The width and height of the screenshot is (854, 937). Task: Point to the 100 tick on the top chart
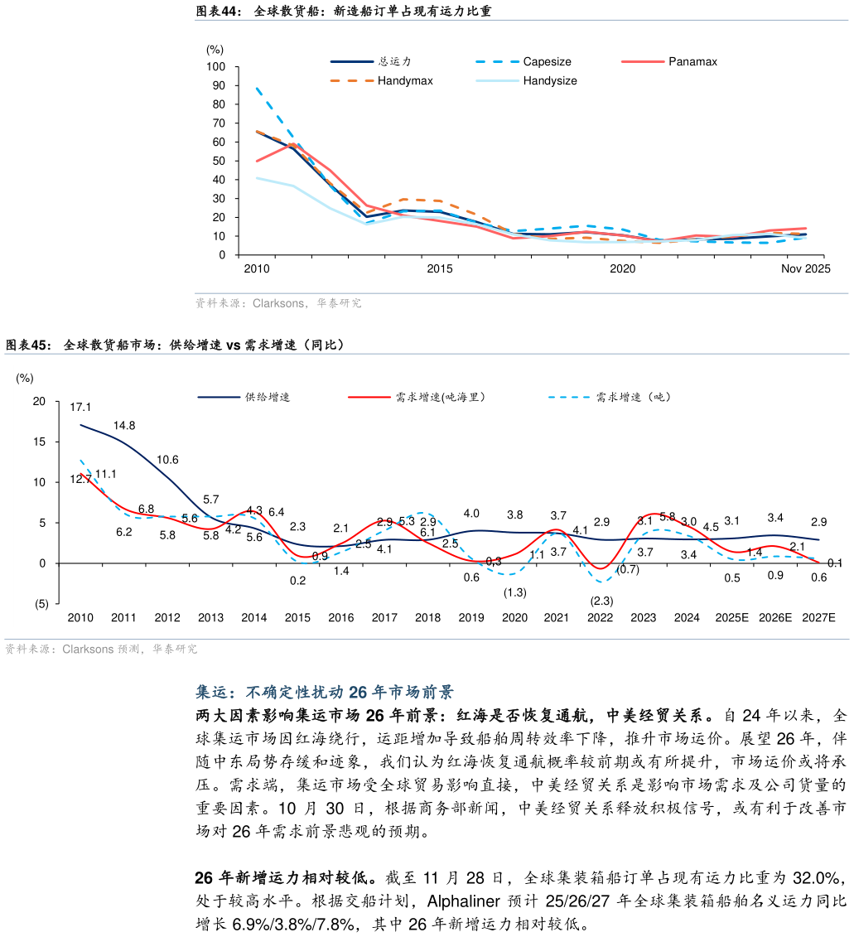click(216, 66)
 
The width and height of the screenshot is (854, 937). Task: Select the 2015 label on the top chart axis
click(439, 269)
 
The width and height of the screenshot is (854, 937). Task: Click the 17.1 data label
click(80, 407)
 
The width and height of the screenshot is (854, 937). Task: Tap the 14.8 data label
click(124, 425)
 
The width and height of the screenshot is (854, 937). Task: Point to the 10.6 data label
click(167, 460)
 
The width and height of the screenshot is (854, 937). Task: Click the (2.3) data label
click(601, 601)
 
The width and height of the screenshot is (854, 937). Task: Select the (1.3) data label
click(514, 592)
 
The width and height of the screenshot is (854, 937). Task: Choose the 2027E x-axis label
click(819, 617)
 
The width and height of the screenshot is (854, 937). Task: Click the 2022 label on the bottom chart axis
click(600, 617)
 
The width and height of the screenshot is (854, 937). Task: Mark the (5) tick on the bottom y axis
click(41, 604)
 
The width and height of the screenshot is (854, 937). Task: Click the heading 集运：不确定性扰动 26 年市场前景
click(324, 693)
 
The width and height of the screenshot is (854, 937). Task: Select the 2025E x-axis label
click(731, 617)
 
